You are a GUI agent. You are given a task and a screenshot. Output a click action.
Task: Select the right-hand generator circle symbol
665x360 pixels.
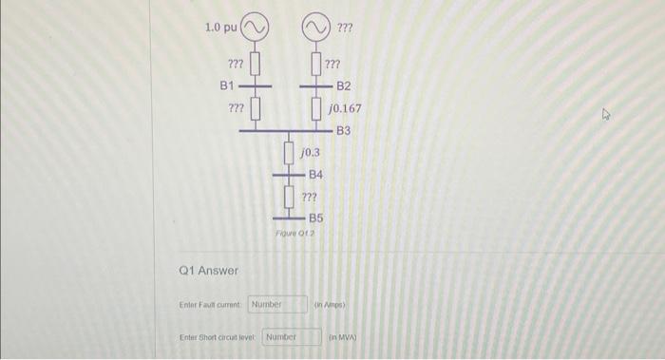(317, 27)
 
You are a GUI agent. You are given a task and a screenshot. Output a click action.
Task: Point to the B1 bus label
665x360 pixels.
(228, 85)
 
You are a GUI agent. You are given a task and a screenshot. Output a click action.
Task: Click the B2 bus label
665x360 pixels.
(343, 85)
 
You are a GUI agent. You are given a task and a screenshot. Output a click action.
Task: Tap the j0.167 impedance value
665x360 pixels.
(344, 109)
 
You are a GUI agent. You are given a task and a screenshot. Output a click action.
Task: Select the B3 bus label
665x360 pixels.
(343, 130)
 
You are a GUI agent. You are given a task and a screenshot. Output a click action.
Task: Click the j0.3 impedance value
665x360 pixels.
(310, 152)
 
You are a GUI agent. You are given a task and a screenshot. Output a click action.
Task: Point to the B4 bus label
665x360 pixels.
(316, 175)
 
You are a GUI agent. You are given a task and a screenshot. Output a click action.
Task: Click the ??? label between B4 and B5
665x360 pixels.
(309, 197)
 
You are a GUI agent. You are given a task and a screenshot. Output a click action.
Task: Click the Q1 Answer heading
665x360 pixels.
(208, 271)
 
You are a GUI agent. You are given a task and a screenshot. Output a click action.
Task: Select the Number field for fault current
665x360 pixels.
(277, 305)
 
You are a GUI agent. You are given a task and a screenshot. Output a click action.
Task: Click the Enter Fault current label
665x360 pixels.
(211, 305)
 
